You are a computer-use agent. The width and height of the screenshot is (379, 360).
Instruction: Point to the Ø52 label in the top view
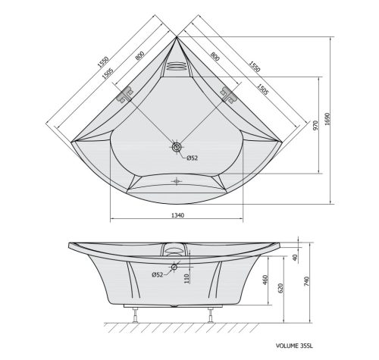(192, 157)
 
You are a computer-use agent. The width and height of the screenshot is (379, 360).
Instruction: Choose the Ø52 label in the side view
(158, 274)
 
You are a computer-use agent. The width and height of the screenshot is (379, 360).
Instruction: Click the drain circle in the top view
(177, 148)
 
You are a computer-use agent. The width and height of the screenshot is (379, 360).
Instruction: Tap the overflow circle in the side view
(175, 267)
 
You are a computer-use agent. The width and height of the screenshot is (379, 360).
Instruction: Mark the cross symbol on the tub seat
(177, 180)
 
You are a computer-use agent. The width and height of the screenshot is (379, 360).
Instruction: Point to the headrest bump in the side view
(176, 247)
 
